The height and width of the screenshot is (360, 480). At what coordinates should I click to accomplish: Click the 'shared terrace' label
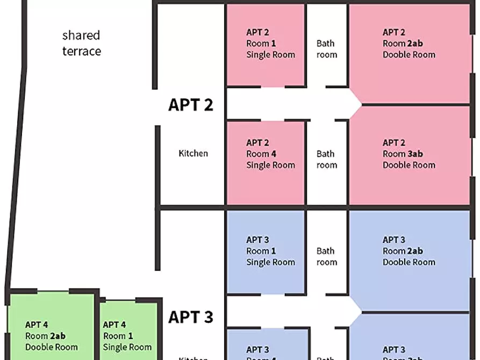tap(81, 43)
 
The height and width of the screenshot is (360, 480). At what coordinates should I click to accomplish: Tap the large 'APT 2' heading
tap(190, 104)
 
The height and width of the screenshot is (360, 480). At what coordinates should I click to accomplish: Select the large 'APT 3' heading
tap(190, 317)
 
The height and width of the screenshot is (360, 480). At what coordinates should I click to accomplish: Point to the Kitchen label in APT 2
tap(193, 154)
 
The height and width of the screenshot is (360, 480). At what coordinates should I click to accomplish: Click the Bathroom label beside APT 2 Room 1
tap(326, 49)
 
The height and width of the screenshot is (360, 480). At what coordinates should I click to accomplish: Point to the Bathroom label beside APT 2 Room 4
tap(326, 159)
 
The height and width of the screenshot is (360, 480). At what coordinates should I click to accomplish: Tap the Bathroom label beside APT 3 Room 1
tap(326, 256)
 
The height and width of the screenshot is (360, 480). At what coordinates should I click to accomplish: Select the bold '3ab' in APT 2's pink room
tap(415, 154)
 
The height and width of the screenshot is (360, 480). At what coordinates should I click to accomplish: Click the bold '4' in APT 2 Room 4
tap(274, 154)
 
